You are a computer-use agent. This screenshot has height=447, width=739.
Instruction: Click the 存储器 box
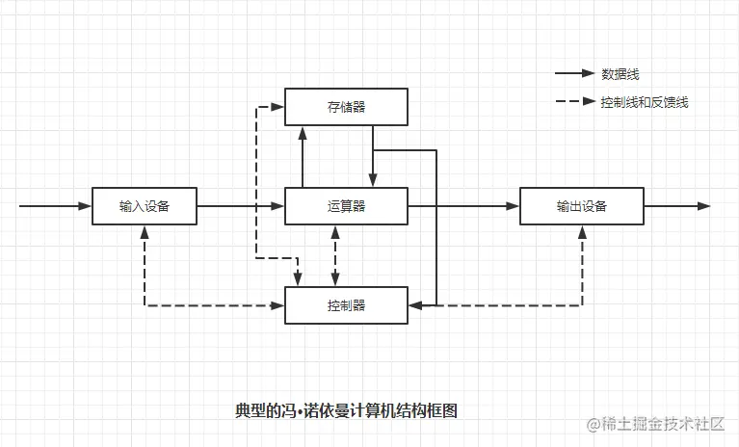346,106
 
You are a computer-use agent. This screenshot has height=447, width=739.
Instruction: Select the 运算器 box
346,206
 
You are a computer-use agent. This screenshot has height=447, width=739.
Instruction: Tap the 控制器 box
346,305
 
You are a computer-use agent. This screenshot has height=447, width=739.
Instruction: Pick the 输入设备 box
145,206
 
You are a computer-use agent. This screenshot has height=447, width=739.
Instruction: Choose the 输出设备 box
582,206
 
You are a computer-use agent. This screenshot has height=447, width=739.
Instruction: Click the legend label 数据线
620,74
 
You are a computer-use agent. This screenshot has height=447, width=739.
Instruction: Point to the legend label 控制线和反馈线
644,102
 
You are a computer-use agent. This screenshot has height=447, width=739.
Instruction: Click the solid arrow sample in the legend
574,74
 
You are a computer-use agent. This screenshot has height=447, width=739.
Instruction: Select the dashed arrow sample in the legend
574,102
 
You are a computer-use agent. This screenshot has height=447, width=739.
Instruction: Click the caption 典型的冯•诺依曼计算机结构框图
346,410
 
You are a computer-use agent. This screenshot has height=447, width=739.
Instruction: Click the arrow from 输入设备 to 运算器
241,206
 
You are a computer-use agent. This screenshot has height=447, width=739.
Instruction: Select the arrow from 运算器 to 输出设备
463,206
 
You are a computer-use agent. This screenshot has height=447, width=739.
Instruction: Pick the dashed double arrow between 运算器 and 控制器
334,255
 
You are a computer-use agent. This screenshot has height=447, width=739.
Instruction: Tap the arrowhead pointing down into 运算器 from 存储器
373,180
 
